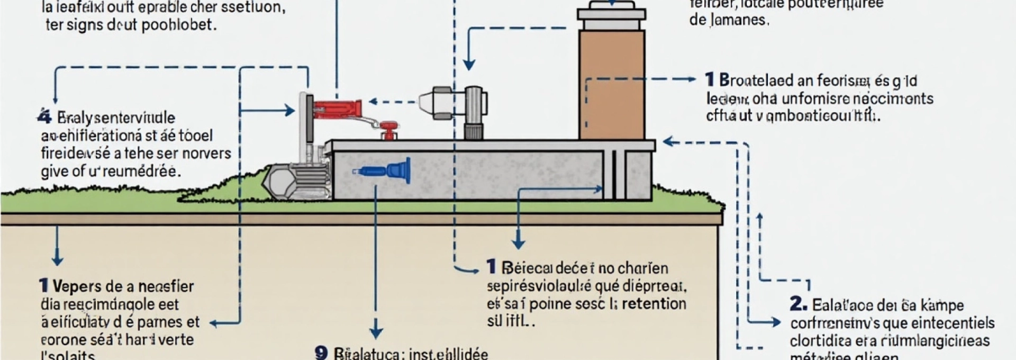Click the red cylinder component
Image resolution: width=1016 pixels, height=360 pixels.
(x=337, y=109)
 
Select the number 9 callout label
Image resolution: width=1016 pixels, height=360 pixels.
(x=321, y=353)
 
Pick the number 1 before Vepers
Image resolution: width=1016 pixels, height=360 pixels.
(x=43, y=286)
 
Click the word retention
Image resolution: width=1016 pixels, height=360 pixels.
(x=654, y=303)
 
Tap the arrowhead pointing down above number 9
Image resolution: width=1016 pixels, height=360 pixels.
(x=376, y=332)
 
